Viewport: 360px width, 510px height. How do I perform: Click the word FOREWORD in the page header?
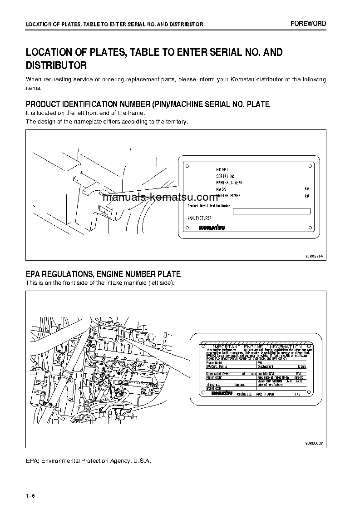click(308, 24)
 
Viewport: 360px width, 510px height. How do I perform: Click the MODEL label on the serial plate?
click(222, 169)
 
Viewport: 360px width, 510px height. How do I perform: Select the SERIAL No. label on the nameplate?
click(226, 176)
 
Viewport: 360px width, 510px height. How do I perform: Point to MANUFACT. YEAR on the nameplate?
click(229, 183)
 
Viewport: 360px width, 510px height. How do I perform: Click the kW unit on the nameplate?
click(307, 196)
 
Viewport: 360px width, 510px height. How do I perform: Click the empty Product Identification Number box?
click(271, 211)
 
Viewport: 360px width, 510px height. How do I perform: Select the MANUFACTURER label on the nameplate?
click(200, 218)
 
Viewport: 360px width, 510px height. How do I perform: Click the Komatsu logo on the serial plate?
click(211, 228)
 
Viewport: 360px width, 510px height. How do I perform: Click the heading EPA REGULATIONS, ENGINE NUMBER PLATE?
click(103, 274)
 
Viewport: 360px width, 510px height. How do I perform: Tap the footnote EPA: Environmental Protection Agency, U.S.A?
click(88, 460)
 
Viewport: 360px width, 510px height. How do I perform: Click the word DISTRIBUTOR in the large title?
click(56, 65)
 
